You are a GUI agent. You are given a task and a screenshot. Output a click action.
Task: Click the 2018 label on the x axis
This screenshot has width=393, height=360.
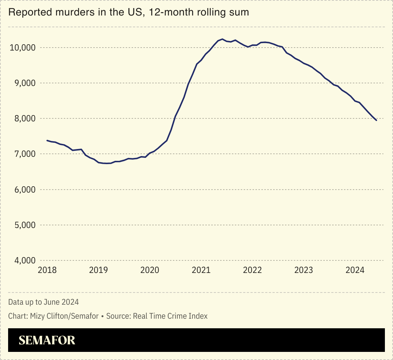[47, 270]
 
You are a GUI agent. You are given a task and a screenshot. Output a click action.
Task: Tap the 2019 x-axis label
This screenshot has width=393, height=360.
[98, 270]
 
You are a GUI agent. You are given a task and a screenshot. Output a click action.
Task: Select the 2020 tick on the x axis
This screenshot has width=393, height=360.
[150, 270]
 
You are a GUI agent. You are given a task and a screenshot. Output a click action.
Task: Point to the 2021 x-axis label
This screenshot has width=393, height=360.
[201, 270]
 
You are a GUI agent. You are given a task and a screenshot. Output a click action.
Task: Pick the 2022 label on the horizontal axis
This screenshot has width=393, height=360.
[252, 270]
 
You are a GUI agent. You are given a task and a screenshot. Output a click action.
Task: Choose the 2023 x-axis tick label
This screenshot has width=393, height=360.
[303, 270]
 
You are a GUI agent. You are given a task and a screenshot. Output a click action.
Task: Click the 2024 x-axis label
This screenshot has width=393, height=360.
[355, 270]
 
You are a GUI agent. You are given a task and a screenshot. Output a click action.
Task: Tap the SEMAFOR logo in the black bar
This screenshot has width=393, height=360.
[47, 340]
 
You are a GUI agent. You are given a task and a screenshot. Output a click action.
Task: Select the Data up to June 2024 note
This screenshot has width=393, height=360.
[44, 302]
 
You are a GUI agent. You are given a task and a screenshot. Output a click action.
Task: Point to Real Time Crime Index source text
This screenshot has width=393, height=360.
[170, 316]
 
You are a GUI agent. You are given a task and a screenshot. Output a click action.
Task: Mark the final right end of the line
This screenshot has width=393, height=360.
[376, 120]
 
